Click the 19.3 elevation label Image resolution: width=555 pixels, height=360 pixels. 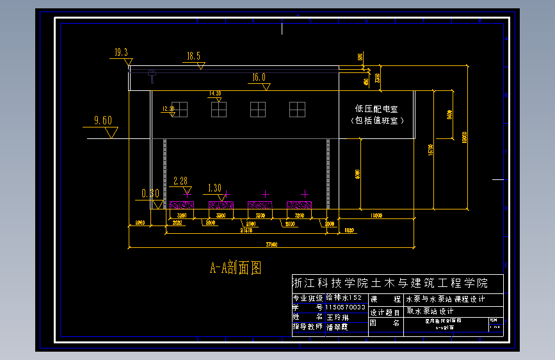(x=121, y=53)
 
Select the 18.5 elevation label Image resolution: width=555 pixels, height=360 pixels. (x=193, y=56)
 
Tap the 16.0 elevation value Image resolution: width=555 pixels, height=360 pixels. (x=259, y=78)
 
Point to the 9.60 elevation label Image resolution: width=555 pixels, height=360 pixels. (x=102, y=120)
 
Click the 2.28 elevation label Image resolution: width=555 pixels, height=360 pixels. (x=181, y=181)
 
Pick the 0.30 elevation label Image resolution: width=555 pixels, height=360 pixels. (x=150, y=193)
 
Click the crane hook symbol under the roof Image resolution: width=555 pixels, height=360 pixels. (x=152, y=76)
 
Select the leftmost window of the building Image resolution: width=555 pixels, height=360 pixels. (x=180, y=110)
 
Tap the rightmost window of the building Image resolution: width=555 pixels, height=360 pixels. (x=297, y=110)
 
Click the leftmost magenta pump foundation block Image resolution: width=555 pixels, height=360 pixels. (x=182, y=205)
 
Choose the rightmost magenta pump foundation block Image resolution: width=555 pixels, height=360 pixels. (x=299, y=205)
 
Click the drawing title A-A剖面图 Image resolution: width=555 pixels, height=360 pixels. (x=236, y=267)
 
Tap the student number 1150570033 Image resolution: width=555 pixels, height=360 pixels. (x=346, y=307)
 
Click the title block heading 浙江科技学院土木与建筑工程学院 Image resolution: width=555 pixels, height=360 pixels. (x=390, y=283)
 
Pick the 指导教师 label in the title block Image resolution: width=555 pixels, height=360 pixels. (x=308, y=326)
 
